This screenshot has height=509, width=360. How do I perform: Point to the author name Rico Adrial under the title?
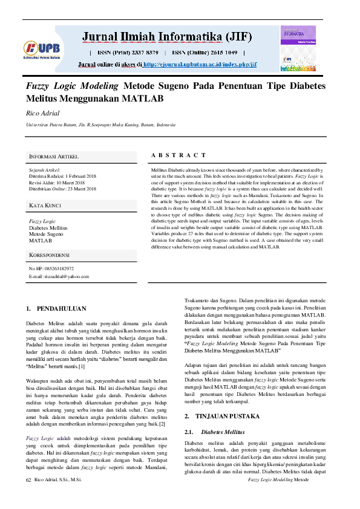coord(42,112)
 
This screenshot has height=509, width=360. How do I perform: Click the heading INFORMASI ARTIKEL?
coord(54,157)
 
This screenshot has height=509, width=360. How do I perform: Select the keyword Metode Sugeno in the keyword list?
coord(46,233)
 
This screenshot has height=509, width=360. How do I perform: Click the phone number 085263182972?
coord(59,268)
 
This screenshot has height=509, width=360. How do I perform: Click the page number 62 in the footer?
coord(28,496)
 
